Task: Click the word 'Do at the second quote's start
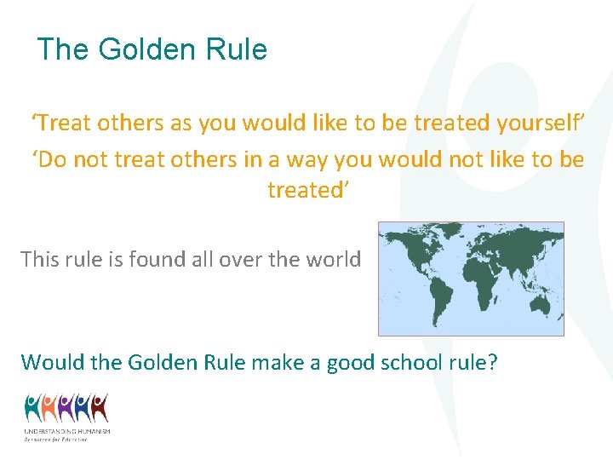coord(50,159)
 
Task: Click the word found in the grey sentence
coord(162,259)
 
